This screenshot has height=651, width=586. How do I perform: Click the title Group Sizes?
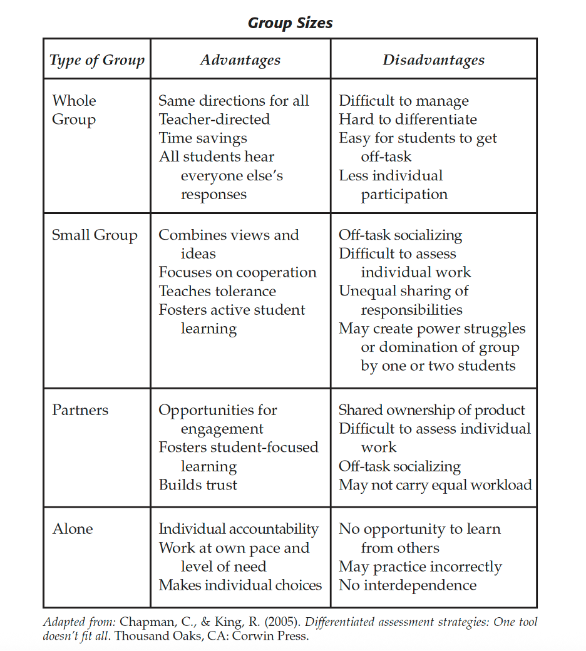coord(290,24)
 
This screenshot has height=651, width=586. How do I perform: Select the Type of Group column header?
coord(97,60)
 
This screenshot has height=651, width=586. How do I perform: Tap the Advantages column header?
coord(240,60)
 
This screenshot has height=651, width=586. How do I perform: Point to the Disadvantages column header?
coord(433,60)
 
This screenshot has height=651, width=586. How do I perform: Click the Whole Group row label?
coord(75,110)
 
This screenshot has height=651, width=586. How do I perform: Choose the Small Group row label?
coord(95,235)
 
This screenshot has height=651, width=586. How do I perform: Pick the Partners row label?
coord(80,411)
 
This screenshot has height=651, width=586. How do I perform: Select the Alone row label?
coord(73,529)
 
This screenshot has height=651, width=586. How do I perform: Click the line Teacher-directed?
coord(214,120)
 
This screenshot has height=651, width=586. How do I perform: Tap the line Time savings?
coord(203,138)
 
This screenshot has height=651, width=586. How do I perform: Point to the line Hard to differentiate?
coord(408,120)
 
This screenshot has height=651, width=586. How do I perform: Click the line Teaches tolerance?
coord(217,292)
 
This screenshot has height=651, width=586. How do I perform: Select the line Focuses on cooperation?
coord(237,273)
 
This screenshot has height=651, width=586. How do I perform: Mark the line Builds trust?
coord(198,485)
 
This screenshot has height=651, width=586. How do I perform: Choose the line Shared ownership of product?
coord(432,411)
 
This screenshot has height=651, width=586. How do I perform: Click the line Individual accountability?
coord(239,529)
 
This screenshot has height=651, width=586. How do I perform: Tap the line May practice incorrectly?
coord(420,567)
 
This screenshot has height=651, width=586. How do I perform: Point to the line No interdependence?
coord(408,586)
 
